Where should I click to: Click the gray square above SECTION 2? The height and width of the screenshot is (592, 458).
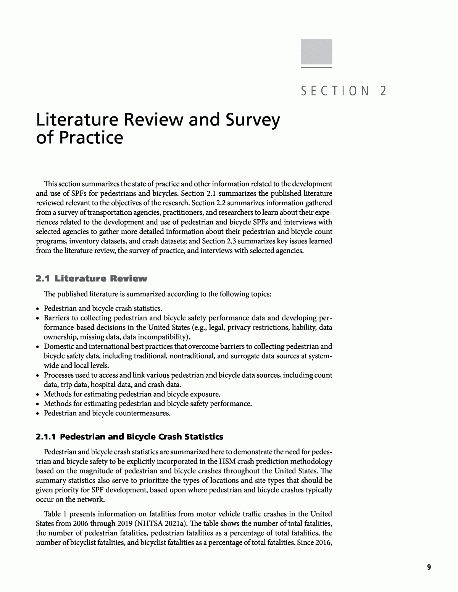[316, 51]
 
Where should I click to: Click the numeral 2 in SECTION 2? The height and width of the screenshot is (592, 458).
[383, 91]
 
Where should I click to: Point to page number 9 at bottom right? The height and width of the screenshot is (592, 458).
[429, 567]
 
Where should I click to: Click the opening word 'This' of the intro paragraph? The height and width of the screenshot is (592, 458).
[50, 184]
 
